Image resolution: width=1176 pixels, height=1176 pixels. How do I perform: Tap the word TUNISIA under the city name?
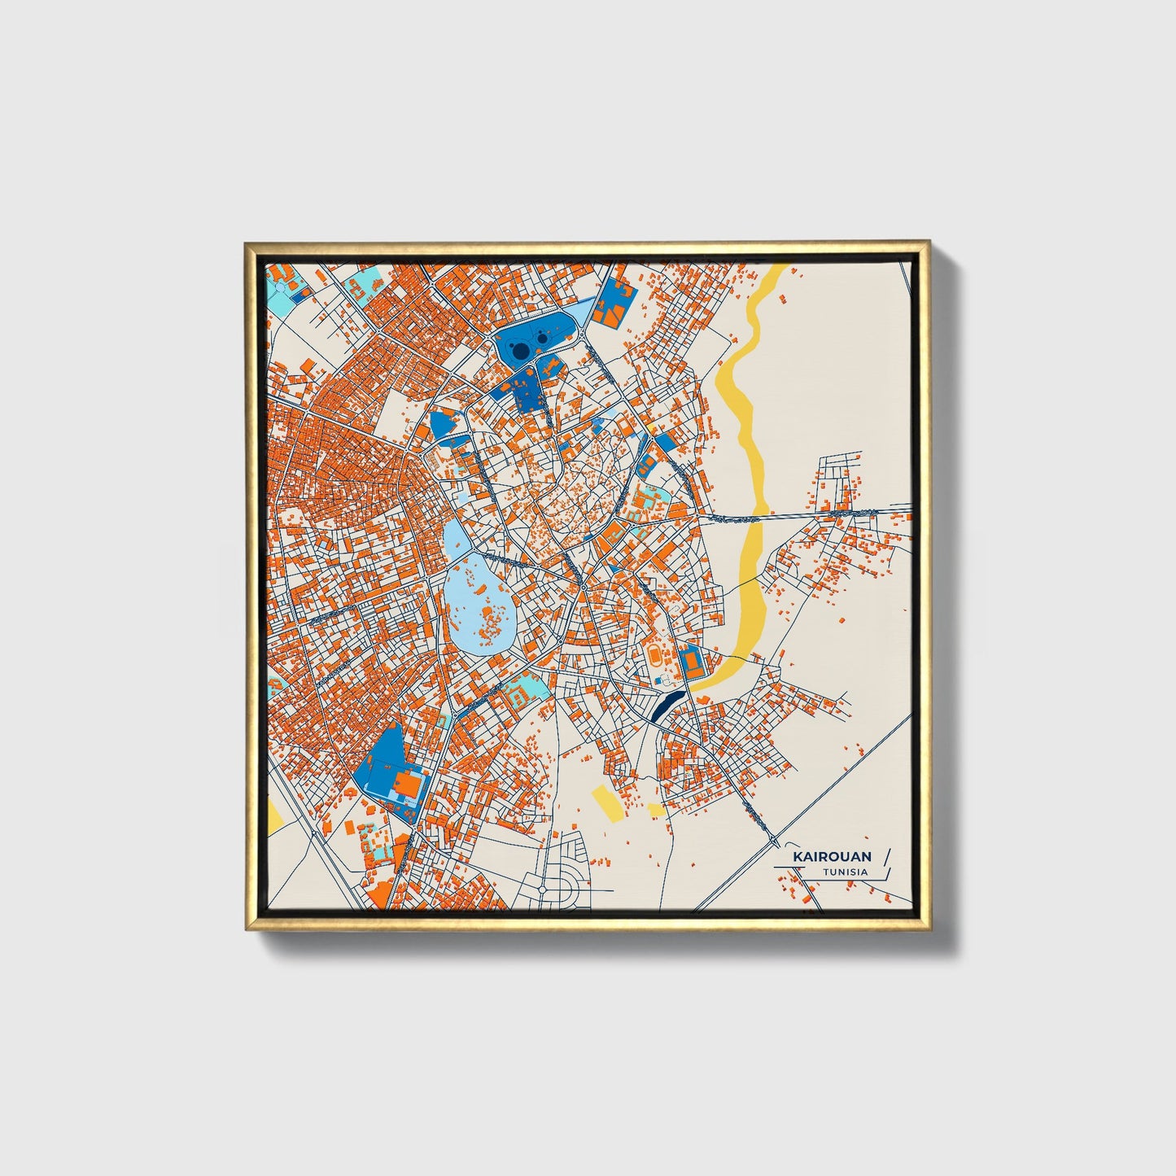click(845, 872)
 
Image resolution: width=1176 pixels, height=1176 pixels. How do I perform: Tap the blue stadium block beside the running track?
click(692, 661)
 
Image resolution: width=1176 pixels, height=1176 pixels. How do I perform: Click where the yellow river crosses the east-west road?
click(758, 515)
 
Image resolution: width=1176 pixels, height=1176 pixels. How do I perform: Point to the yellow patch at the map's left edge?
click(273, 817)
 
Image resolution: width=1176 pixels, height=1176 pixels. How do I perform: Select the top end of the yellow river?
click(780, 271)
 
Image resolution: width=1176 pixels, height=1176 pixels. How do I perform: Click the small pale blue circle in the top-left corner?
click(281, 286)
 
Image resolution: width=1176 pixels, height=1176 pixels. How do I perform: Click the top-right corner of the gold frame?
click(927, 243)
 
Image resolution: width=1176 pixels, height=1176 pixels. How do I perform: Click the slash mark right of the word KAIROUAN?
click(886, 856)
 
